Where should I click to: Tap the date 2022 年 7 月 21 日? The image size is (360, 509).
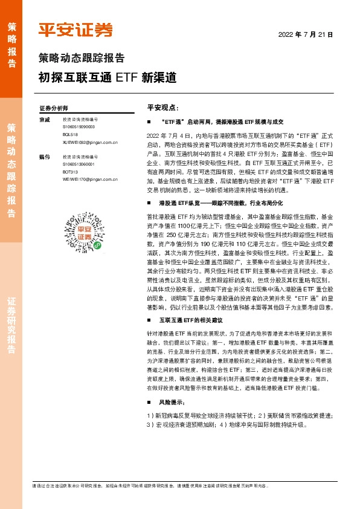[306, 35]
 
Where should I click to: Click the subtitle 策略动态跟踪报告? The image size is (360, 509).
[82, 59]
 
